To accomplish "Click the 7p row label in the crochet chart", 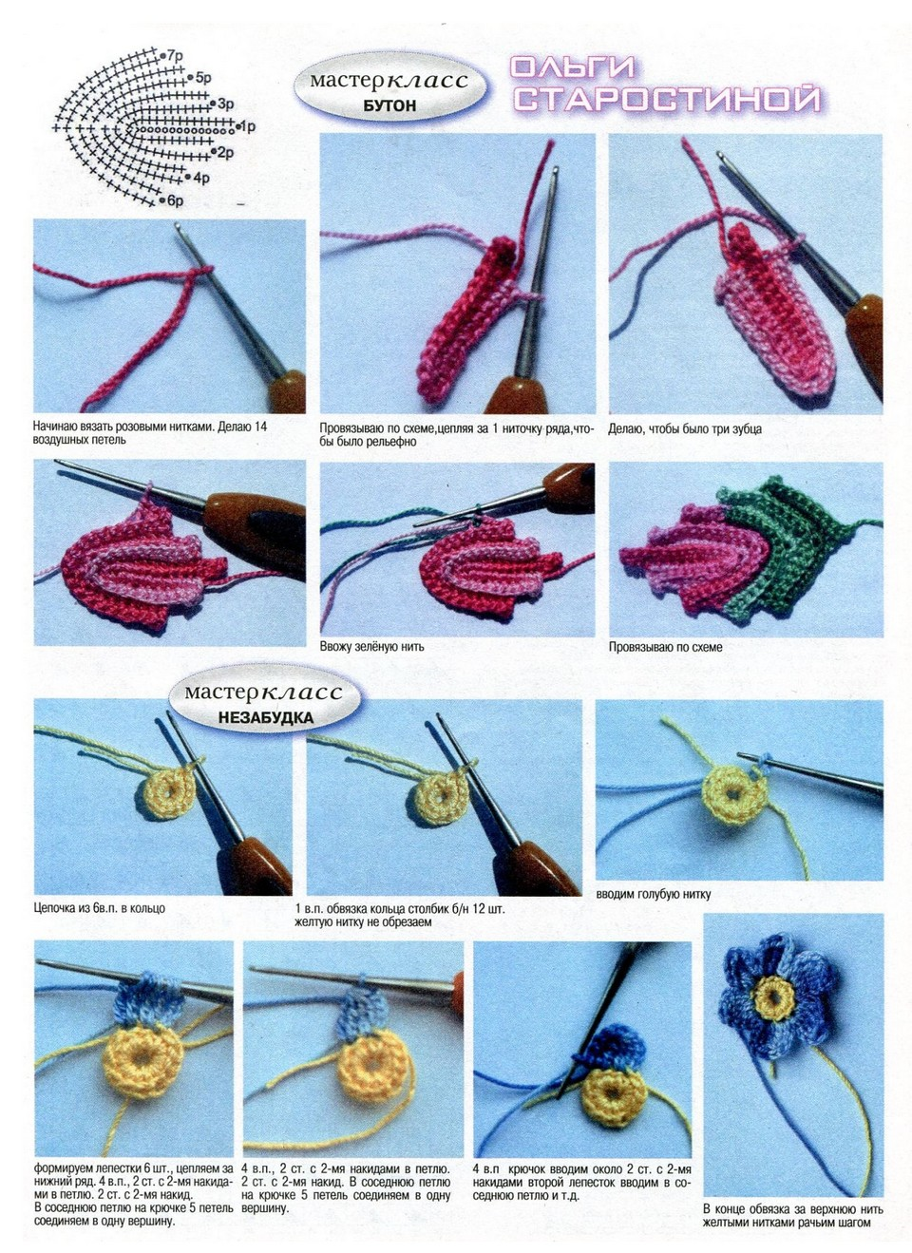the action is click(x=175, y=55).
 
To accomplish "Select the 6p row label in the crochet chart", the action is click(x=175, y=199).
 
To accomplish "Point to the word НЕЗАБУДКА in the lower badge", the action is click(x=265, y=717).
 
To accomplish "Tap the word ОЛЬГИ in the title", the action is click(x=573, y=67).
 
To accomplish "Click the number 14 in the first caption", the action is click(x=260, y=427).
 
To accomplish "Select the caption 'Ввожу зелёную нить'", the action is click(x=371, y=647).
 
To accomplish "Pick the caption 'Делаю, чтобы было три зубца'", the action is click(x=685, y=429).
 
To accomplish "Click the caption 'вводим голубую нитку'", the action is click(x=653, y=894).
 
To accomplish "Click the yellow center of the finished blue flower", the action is click(x=774, y=997).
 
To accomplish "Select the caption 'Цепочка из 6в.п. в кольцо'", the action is click(x=99, y=908).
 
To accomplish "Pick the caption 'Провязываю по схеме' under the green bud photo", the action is click(x=665, y=647).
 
